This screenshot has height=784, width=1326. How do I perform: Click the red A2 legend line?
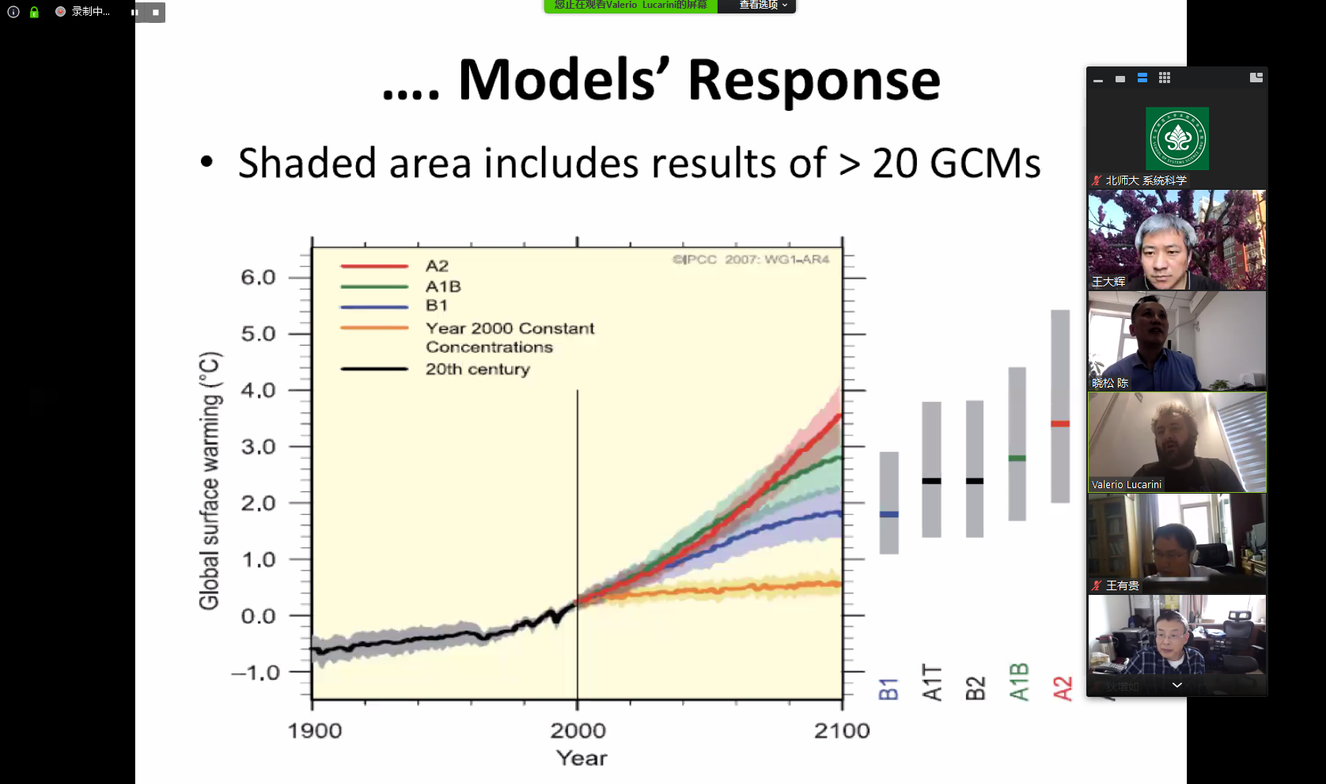click(x=374, y=267)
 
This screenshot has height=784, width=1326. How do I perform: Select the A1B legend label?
click(x=443, y=286)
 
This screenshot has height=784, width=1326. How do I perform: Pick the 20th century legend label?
click(x=478, y=369)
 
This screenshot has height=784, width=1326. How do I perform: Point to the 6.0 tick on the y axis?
click(x=258, y=278)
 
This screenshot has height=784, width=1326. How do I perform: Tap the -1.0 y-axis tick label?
click(x=256, y=673)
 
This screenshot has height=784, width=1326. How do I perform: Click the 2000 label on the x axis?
click(x=578, y=731)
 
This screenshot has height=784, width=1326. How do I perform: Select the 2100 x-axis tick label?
click(x=842, y=731)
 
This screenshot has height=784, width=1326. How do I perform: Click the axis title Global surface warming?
click(x=210, y=480)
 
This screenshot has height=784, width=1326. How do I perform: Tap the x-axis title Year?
click(x=582, y=759)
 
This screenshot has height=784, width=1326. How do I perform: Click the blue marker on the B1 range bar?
click(x=889, y=514)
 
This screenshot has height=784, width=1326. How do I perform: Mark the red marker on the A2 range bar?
click(x=1060, y=424)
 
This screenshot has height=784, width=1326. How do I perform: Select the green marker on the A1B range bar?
click(x=1017, y=458)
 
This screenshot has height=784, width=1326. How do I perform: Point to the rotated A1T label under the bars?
click(x=932, y=683)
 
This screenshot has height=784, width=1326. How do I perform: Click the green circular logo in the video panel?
click(x=1177, y=138)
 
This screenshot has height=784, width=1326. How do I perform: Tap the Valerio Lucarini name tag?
click(x=1127, y=485)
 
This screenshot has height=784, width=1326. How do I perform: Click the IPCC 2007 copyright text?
click(x=751, y=259)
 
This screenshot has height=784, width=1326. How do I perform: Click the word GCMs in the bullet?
click(x=985, y=164)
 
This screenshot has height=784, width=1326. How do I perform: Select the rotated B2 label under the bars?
click(x=976, y=688)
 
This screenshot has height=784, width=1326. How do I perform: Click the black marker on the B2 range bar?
click(x=975, y=481)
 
